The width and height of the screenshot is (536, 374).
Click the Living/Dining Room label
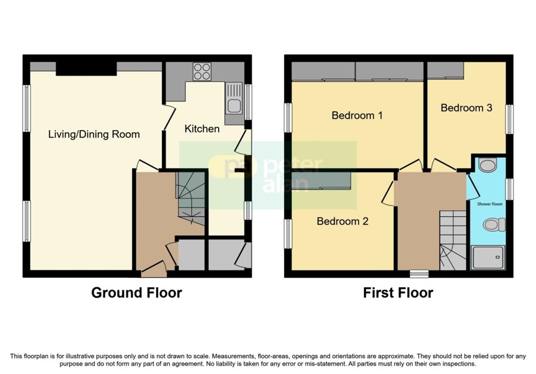(x=94, y=134)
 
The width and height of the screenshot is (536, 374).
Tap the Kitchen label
(x=202, y=129)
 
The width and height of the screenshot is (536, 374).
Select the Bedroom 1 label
(x=357, y=115)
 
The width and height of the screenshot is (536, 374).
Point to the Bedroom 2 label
(x=342, y=221)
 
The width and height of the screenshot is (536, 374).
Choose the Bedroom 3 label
(x=466, y=108)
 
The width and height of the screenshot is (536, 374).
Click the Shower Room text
(x=489, y=204)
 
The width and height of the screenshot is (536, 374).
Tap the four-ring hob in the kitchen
(x=202, y=72)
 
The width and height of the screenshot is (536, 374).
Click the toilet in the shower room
(x=494, y=224)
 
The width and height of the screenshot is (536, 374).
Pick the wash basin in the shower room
(x=488, y=165)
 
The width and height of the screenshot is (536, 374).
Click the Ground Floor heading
(x=137, y=293)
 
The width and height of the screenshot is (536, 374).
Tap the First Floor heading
(x=398, y=293)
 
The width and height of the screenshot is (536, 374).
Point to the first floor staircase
(x=453, y=240)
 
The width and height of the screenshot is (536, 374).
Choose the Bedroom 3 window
(x=509, y=119)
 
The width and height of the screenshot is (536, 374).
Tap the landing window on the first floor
(x=419, y=274)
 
